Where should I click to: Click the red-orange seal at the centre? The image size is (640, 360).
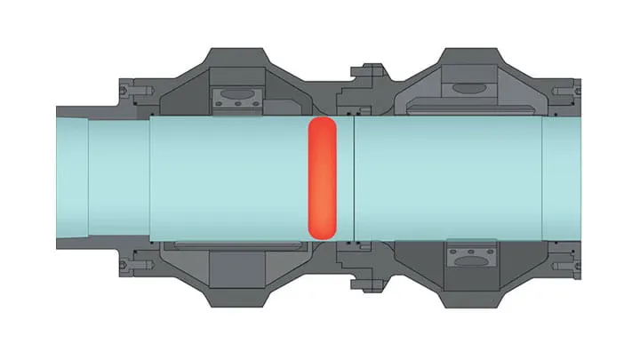click(320, 178)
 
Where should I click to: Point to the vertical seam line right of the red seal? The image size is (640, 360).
click(354, 177)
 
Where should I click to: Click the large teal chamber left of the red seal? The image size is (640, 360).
click(227, 177)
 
